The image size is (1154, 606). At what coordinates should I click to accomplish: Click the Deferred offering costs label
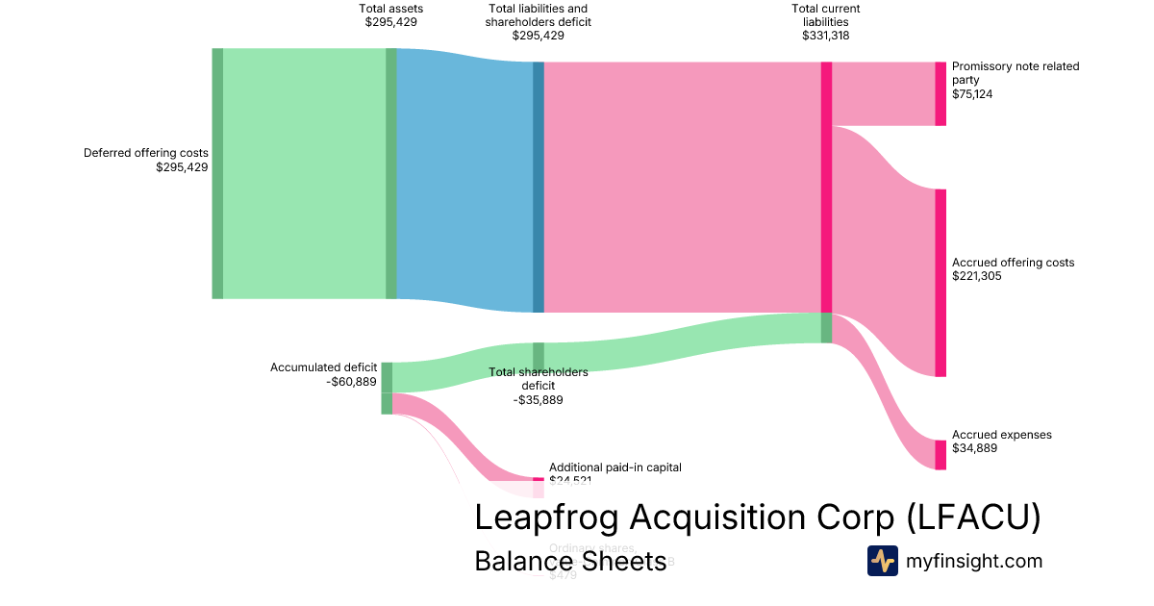tap(145, 153)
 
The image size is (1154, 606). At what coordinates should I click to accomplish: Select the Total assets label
tap(390, 9)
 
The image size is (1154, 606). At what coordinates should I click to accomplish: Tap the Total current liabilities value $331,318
tap(825, 36)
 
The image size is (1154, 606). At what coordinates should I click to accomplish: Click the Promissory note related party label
tap(1016, 73)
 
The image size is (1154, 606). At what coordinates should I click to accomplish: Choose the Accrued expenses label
tap(1001, 435)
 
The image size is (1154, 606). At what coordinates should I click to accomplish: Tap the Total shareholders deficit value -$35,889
tap(538, 400)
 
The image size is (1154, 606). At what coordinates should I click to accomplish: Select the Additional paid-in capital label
tap(615, 467)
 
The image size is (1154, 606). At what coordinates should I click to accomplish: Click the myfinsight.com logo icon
tap(882, 561)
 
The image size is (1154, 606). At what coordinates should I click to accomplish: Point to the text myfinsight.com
tap(974, 561)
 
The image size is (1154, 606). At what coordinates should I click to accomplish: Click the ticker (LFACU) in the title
tap(973, 518)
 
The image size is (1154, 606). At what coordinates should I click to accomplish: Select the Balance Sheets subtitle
tap(570, 561)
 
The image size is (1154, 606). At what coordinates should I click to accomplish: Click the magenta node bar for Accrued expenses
tap(941, 455)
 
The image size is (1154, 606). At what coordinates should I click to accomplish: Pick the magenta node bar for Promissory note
tap(941, 93)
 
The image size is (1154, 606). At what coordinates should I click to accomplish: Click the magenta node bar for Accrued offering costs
tap(941, 283)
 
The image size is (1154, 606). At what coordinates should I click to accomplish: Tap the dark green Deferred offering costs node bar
tap(217, 173)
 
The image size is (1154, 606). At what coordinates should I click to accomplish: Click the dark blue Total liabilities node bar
tap(539, 188)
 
